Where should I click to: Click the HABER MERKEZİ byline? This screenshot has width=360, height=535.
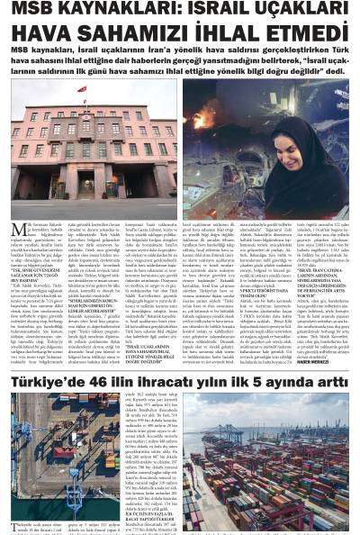pyautogui.click(x=337, y=371)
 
